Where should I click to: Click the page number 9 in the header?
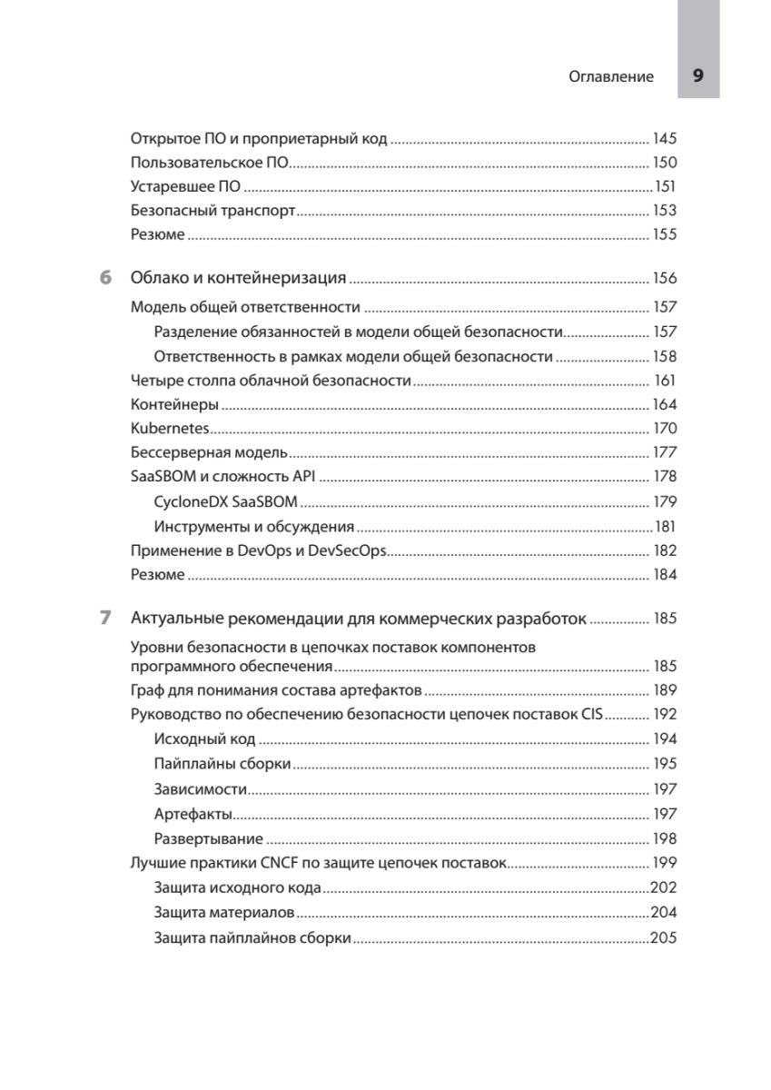click(697, 76)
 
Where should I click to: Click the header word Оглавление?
click(611, 77)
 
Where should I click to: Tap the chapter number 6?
click(107, 277)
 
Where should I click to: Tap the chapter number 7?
click(107, 619)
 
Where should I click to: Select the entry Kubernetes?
click(170, 428)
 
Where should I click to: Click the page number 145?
click(665, 139)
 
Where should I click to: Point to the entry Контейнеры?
click(174, 404)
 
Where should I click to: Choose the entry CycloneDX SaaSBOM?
click(225, 500)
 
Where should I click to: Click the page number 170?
click(665, 428)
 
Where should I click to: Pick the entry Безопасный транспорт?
click(213, 211)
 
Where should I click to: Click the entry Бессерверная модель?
click(209, 452)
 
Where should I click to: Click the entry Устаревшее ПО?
click(186, 187)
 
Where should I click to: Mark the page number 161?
click(665, 381)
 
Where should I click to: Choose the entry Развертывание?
click(209, 838)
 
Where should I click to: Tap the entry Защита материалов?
click(223, 912)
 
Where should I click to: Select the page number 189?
click(665, 689)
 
